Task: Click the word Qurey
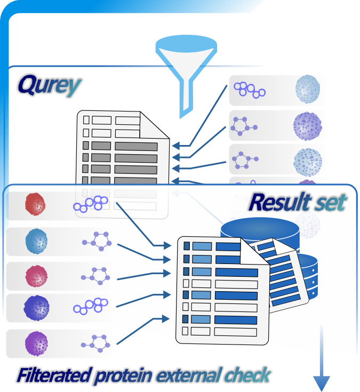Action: tap(49, 85)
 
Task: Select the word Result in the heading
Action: tap(279, 202)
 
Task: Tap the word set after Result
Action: tap(330, 202)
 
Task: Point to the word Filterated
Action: tap(52, 375)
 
